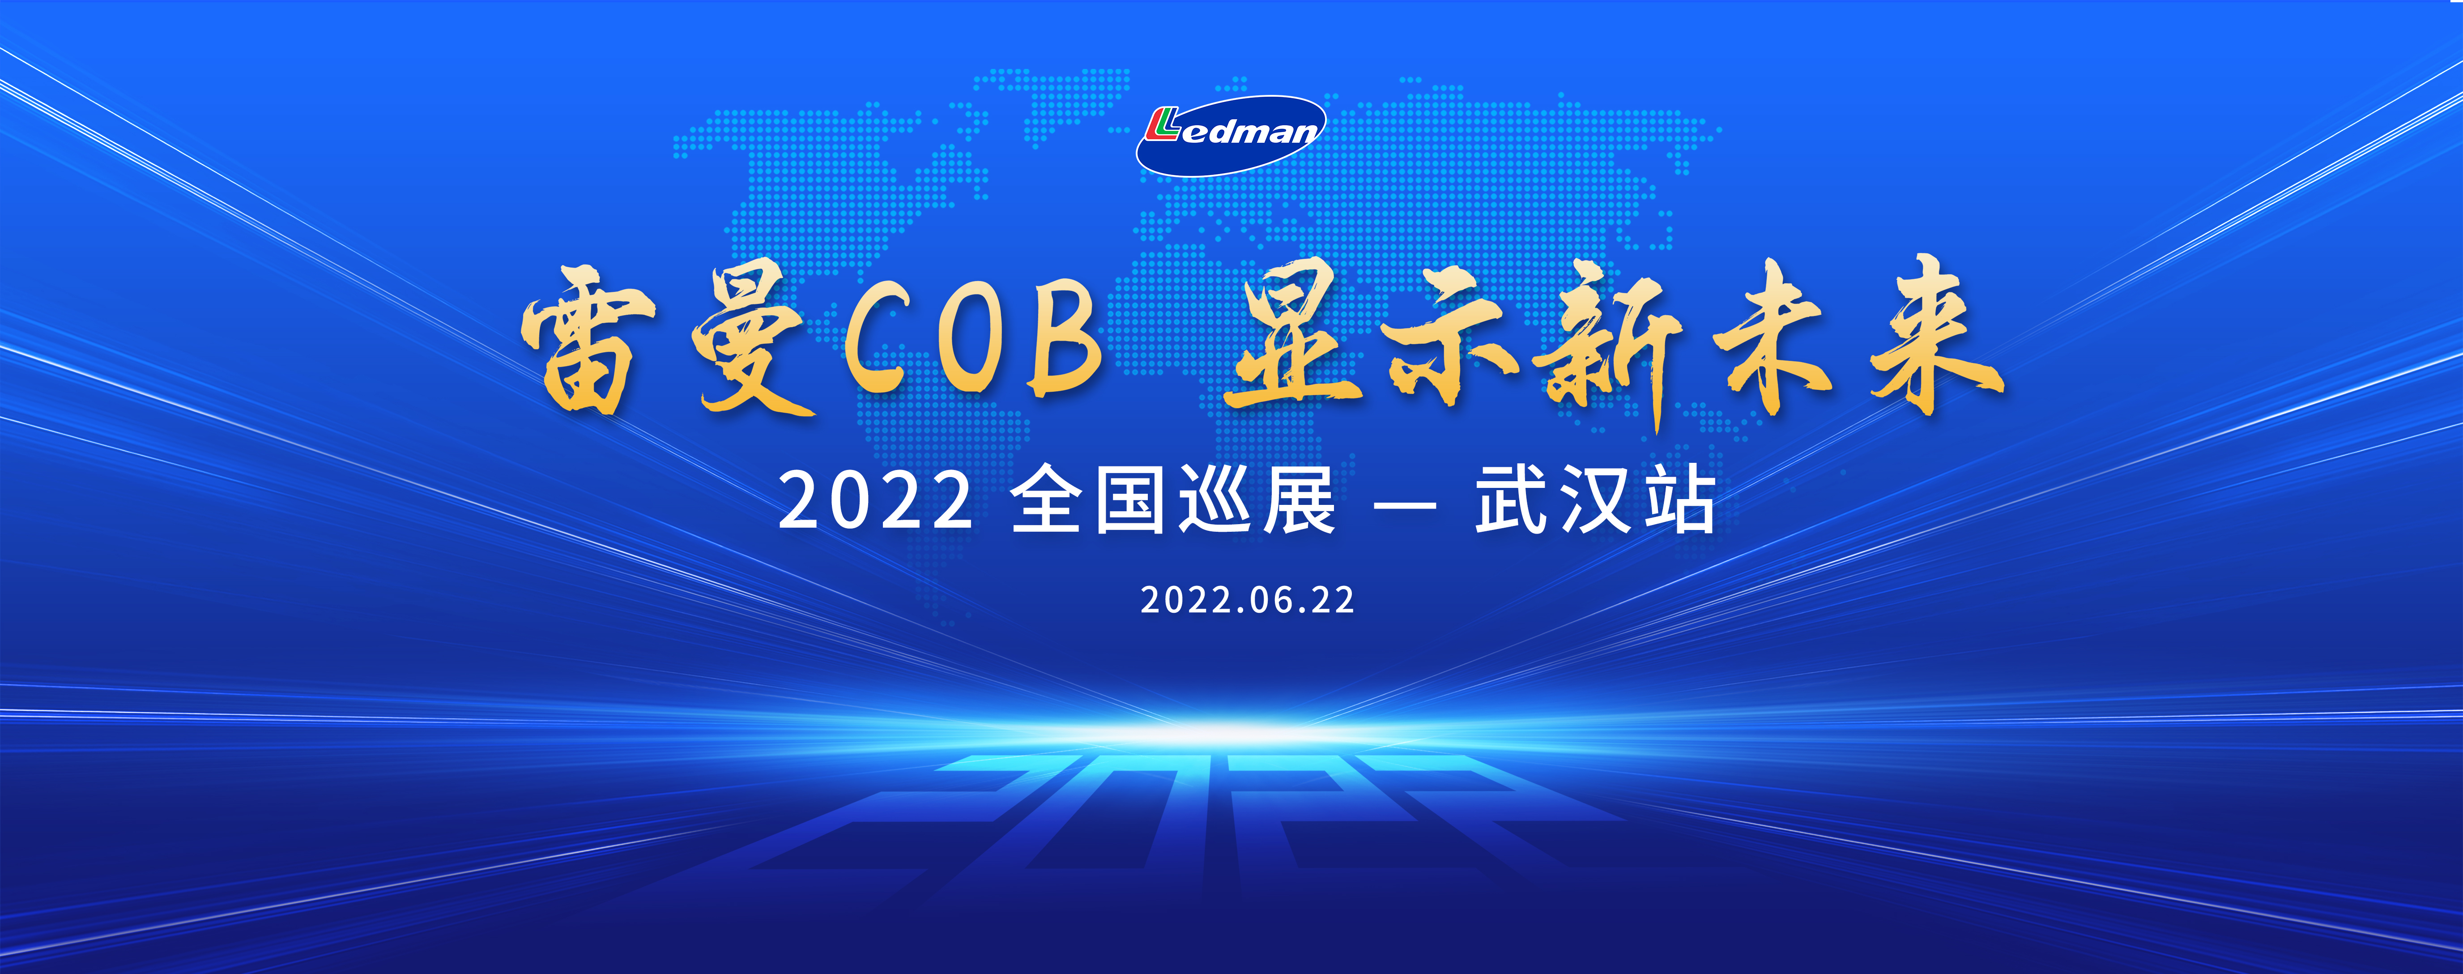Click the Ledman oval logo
click(x=1231, y=135)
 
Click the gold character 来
click(x=1936, y=335)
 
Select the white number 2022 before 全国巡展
click(x=875, y=500)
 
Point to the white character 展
click(x=1299, y=500)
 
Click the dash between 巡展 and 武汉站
click(x=1406, y=502)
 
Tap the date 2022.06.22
click(x=1248, y=600)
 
